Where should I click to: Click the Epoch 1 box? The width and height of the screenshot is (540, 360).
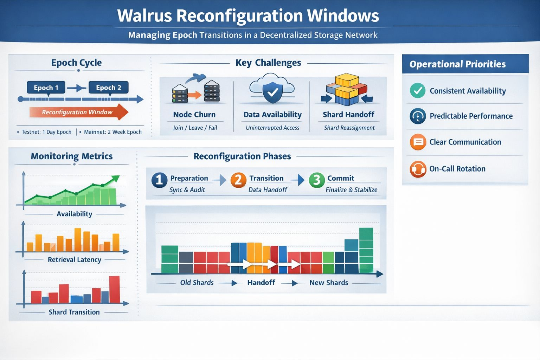coord(46,88)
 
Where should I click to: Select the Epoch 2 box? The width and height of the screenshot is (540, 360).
coord(108,88)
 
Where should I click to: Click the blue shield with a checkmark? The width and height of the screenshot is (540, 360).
coord(272,92)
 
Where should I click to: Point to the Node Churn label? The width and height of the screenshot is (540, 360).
coord(194,115)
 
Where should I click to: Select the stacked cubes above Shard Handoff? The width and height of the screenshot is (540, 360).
coord(346,90)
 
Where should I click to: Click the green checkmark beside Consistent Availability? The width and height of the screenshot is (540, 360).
coord(418,91)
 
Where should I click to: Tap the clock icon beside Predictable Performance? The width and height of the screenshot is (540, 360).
coord(418,116)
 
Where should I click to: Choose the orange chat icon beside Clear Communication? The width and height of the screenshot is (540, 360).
coord(418,142)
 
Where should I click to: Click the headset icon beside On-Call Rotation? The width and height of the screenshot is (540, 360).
coord(418,169)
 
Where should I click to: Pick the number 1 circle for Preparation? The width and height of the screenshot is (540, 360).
coord(159,180)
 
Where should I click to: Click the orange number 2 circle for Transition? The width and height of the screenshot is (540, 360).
coord(238,180)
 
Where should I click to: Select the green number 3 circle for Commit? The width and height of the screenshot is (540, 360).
coord(316,180)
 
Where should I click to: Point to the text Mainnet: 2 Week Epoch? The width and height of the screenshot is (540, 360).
coord(112,132)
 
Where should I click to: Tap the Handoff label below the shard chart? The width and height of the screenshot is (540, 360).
coord(261,283)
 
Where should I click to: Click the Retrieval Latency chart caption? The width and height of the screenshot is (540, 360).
coord(75,260)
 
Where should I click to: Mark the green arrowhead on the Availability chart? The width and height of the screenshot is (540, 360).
coord(116,179)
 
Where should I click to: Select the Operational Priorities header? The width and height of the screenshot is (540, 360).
coord(457,64)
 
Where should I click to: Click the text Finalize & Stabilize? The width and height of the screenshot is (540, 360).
coord(351,190)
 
